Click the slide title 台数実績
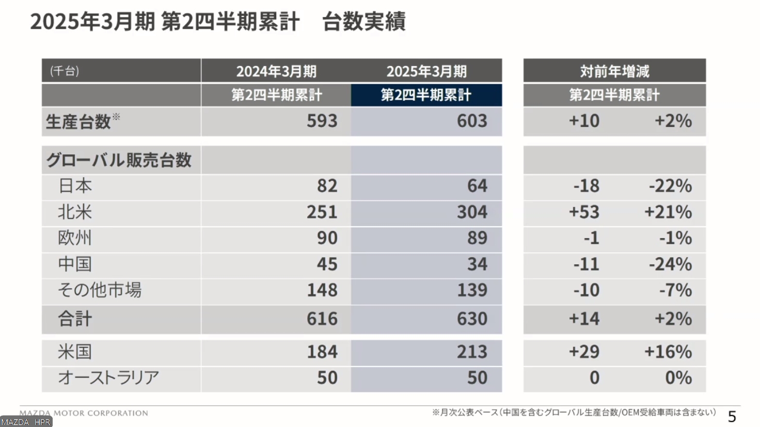coord(363,22)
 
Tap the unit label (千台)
coord(65,71)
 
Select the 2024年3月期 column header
coord(276,71)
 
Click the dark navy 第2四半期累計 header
coord(426,95)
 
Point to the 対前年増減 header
coord(614,71)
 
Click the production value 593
coord(322,121)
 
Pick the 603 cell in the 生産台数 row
coord(472,121)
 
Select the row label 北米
coord(75,212)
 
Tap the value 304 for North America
coord(472,212)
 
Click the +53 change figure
coord(584,212)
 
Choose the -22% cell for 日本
coord(670,186)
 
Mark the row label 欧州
coord(75,238)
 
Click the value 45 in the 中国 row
coord(327,264)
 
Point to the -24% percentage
coord(670,264)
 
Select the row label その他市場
coord(100,290)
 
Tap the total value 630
coord(472,319)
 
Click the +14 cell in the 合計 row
coord(584,319)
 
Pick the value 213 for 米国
coord(472,352)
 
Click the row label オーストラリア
coord(108,377)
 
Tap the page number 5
coord(732,416)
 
